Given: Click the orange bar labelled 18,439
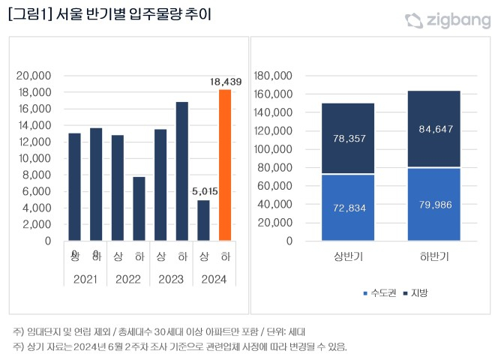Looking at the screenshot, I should [225, 165].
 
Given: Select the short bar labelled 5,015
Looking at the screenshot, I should [203, 220].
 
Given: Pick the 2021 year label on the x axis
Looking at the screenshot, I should [85, 279].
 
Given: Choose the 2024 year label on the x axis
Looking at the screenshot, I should [214, 279].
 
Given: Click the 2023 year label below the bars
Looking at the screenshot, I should [171, 279].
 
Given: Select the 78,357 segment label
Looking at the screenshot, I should [348, 139].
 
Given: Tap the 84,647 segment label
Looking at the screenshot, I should [434, 129].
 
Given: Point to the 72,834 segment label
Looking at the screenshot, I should [348, 208].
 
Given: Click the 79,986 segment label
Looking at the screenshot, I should [434, 205].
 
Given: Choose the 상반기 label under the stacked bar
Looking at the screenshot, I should [348, 257].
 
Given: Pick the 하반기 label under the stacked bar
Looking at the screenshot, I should [434, 257].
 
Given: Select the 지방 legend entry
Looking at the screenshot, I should [415, 292].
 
